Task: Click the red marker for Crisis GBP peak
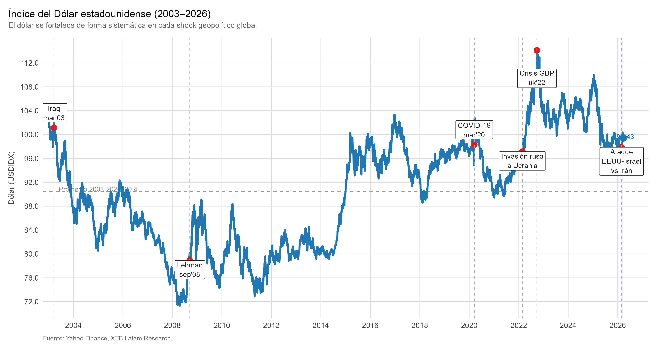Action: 537,50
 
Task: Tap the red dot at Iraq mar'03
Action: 54,128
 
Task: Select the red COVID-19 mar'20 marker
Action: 474,145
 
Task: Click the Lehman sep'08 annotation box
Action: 190,270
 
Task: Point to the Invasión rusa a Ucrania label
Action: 522,161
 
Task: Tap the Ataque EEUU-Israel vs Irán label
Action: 621,161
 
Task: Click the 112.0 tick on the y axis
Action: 29,63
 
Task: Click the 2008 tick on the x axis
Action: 172,325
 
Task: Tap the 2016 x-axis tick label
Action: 370,325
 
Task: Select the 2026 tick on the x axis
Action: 617,325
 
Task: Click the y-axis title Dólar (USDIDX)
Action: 11,178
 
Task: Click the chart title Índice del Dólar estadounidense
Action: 110,14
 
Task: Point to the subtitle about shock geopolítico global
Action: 132,25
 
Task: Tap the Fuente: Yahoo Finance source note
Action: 107,338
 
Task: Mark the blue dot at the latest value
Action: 623,138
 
